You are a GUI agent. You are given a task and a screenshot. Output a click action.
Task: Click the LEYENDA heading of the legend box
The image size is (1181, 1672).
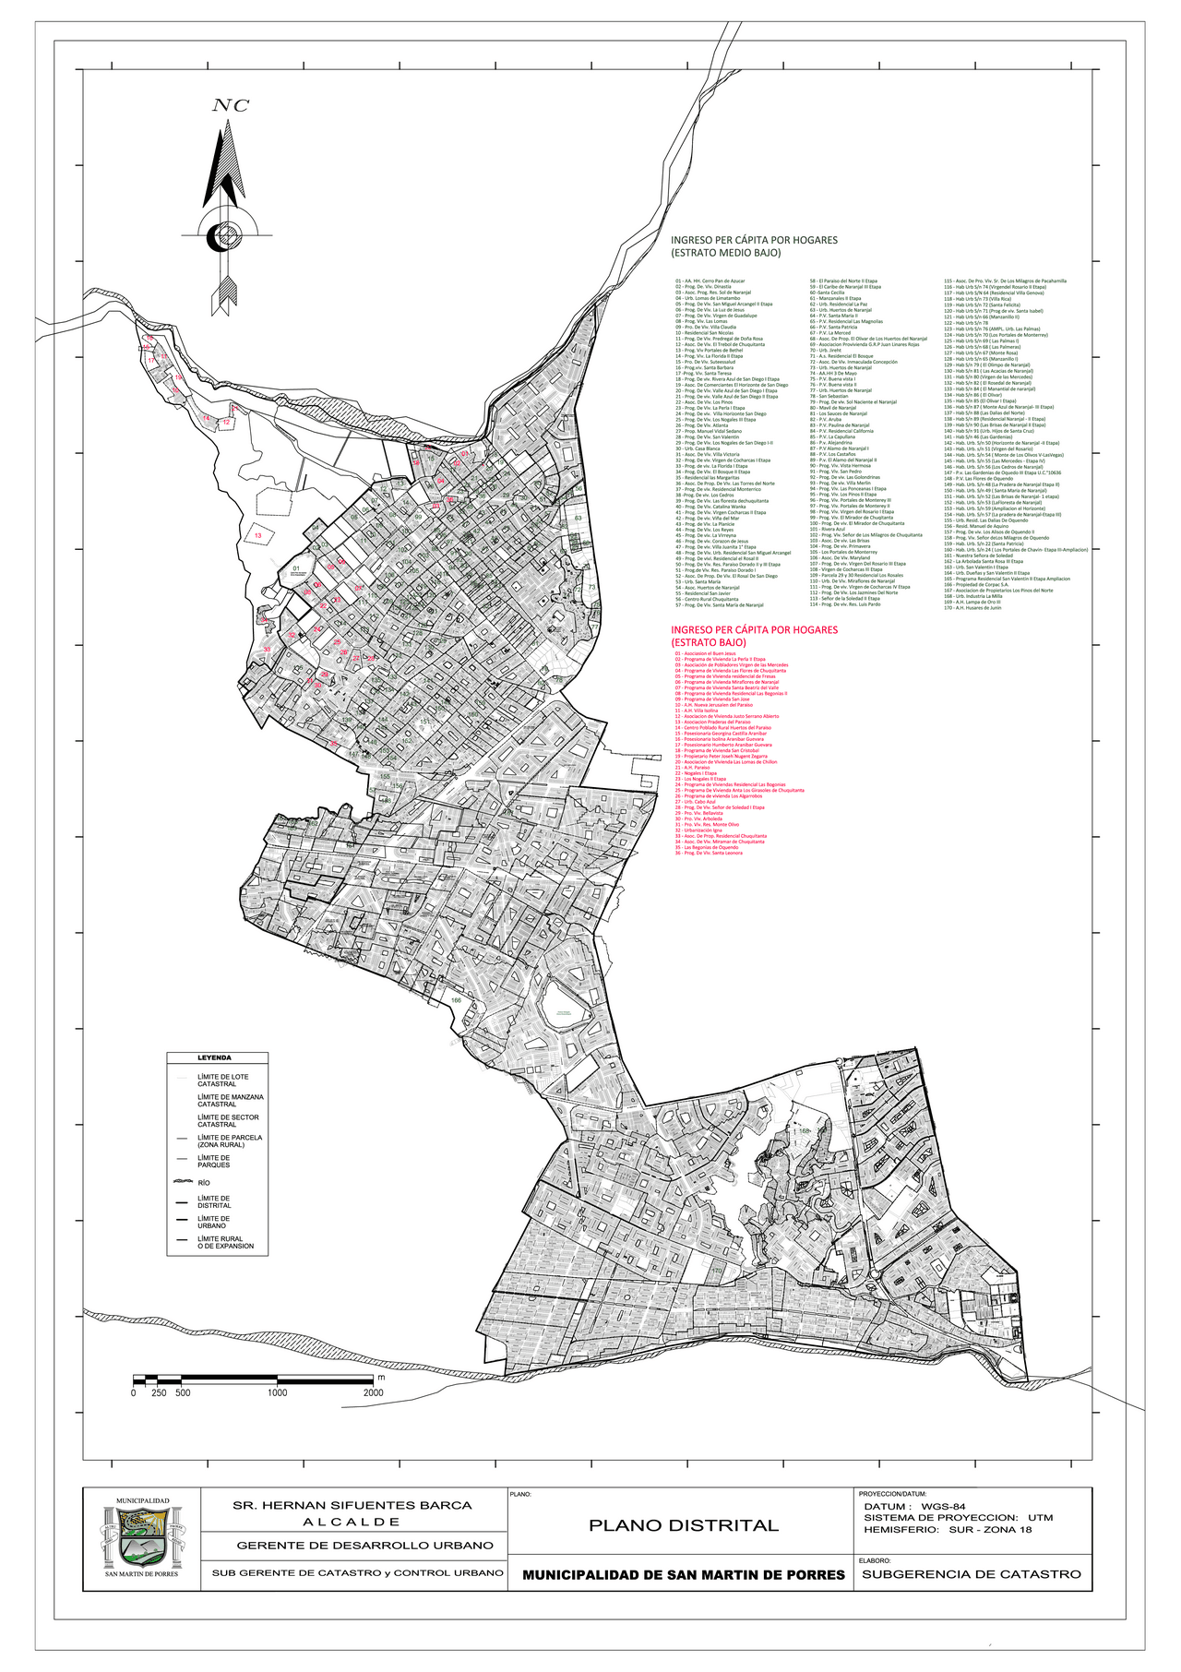pos(214,1057)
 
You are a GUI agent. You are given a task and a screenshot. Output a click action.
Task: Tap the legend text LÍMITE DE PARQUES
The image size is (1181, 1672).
pos(214,1161)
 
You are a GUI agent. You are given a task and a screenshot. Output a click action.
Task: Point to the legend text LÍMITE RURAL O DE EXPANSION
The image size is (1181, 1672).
pos(225,1242)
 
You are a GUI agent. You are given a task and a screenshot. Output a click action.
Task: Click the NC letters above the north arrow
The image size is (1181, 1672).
pos(231,105)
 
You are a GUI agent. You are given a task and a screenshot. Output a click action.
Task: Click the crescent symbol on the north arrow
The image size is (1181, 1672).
pos(221,236)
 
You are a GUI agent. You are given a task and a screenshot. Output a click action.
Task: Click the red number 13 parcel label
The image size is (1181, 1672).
pos(258,535)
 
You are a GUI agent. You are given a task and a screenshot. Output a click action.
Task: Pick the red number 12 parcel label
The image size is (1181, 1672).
pos(226,422)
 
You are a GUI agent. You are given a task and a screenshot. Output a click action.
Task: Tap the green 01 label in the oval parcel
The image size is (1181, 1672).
pos(295,568)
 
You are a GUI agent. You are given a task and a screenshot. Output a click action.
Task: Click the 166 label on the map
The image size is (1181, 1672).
pos(456,999)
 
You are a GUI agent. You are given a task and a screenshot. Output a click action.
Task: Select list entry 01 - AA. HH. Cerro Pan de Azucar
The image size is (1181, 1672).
pos(710,281)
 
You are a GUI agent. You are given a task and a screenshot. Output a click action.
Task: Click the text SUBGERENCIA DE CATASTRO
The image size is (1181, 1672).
pos(971,1574)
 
